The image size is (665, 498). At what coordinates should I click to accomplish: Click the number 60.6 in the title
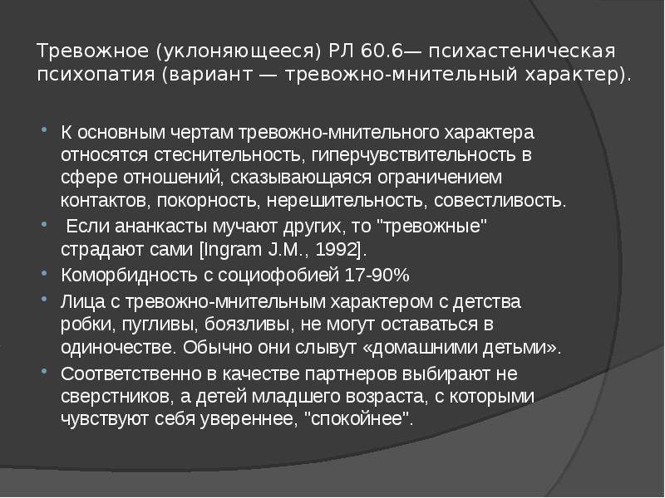[x=382, y=51]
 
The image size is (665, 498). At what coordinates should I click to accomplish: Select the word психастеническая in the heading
[x=522, y=51]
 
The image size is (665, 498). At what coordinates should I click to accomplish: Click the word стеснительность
[x=227, y=154]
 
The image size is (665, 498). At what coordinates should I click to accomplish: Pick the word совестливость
[x=500, y=200]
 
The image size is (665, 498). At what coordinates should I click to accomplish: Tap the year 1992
[x=337, y=250]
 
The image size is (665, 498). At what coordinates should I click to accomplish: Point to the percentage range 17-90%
[x=377, y=276]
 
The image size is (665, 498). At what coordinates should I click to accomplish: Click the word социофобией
[x=278, y=276]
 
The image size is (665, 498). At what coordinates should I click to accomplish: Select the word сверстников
[x=117, y=397]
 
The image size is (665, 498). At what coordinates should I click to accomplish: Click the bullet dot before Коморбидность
[x=44, y=274]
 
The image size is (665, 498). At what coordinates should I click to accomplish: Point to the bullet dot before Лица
[x=44, y=300]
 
